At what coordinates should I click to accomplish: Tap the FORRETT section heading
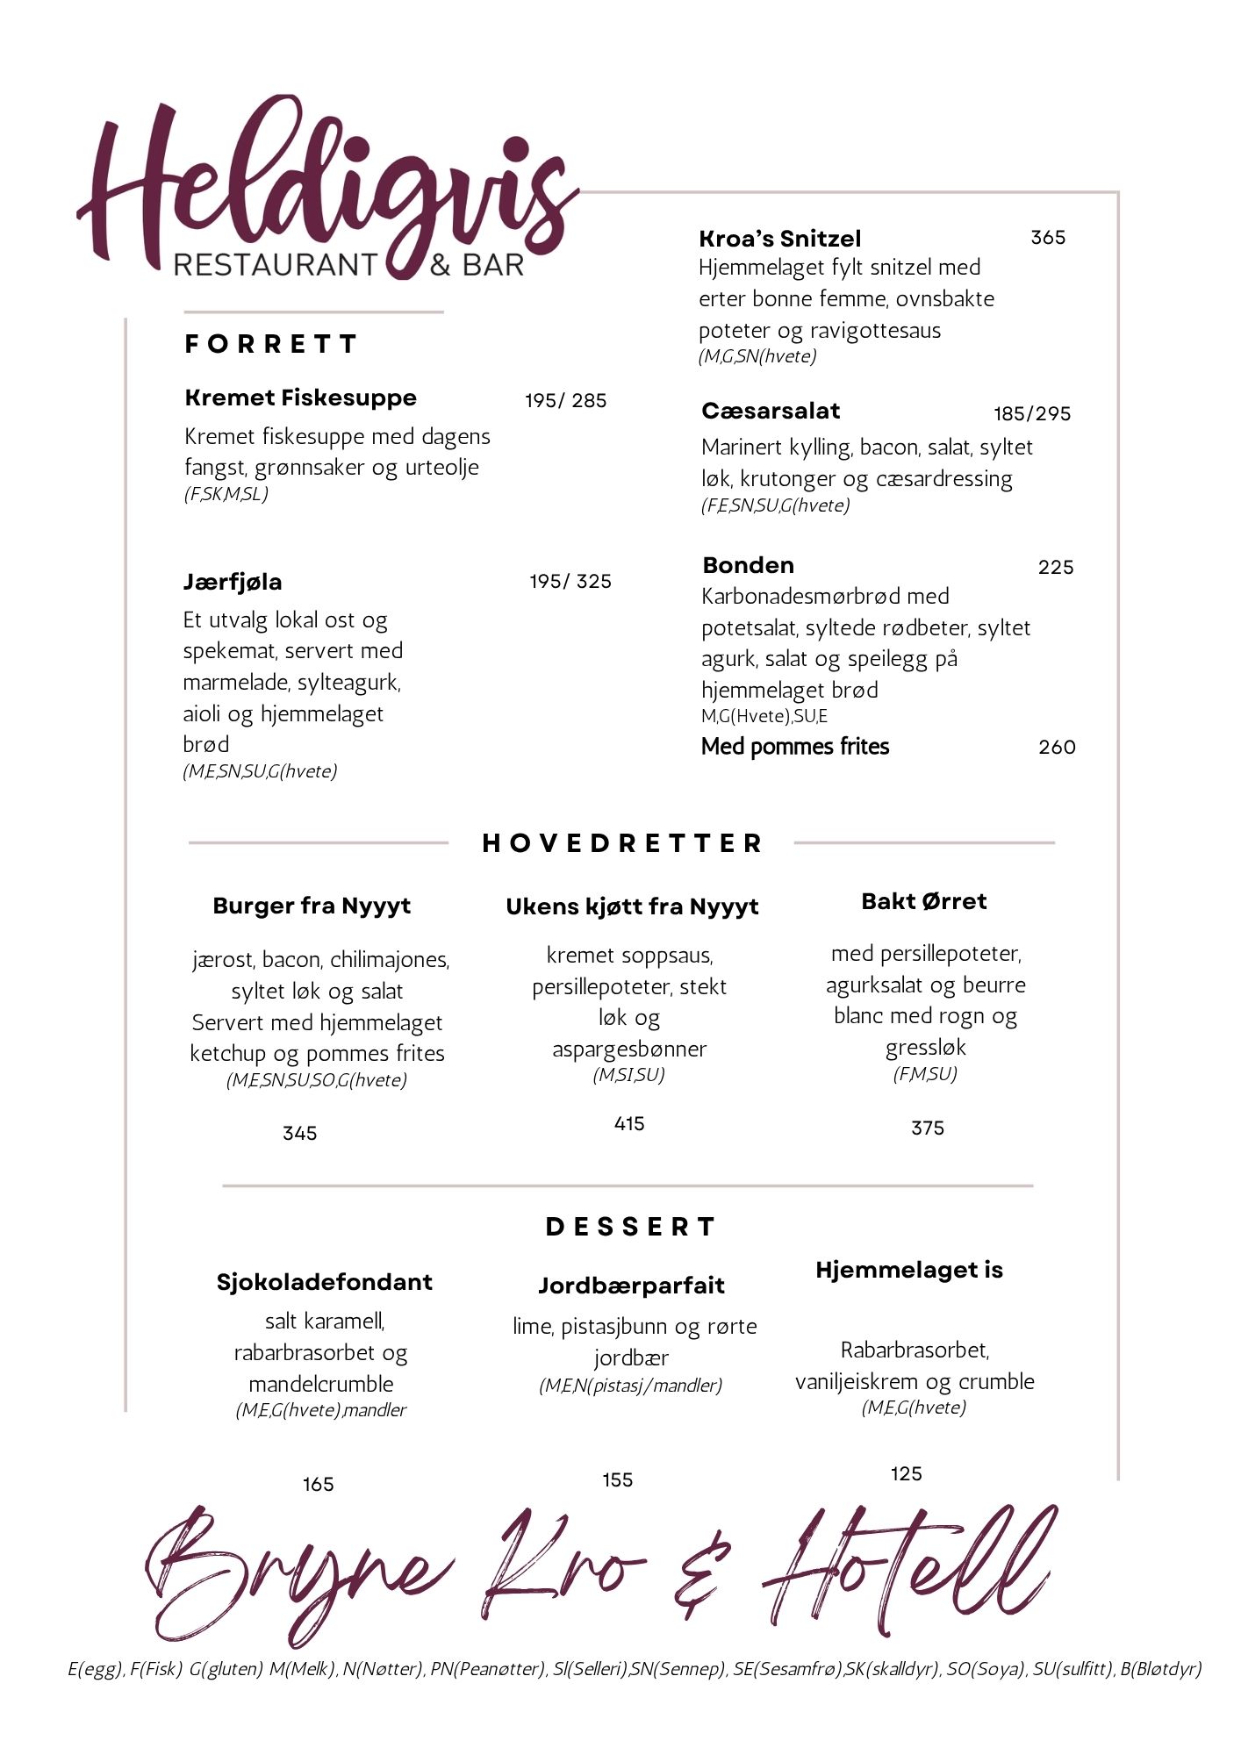[x=270, y=344]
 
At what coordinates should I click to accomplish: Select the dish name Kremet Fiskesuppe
[x=300, y=398]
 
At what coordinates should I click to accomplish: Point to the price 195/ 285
[x=565, y=401]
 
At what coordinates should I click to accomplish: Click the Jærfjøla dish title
[x=232, y=582]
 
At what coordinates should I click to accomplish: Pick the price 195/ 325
[x=570, y=582]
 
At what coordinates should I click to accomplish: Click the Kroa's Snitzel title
[x=779, y=239]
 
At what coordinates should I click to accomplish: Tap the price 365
[x=1047, y=238]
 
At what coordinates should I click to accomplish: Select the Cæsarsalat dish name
[x=770, y=411]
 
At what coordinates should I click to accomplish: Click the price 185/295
[x=1031, y=414]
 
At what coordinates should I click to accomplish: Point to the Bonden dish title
[x=748, y=565]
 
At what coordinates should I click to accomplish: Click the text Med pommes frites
[x=794, y=747]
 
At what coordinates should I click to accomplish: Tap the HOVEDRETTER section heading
[x=621, y=843]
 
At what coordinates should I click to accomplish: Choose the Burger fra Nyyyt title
[x=312, y=906]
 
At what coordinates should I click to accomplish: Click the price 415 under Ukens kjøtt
[x=629, y=1124]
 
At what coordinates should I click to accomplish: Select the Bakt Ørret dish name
[x=923, y=901]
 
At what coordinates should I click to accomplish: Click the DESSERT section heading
[x=630, y=1227]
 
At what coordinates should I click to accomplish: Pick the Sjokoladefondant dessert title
[x=324, y=1282]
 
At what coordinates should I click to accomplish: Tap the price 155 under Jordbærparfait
[x=617, y=1480]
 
